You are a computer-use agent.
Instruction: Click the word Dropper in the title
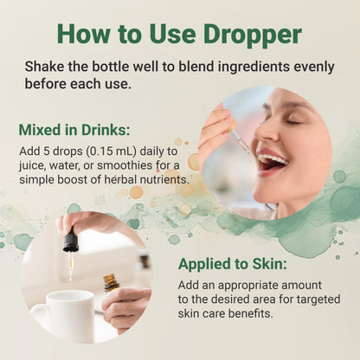pos(252,35)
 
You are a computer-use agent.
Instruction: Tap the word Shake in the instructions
pos(44,67)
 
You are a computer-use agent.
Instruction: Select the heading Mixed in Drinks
pos(74,130)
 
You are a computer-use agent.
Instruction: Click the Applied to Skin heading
pos(233,264)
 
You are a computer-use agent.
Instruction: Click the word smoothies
pos(125,165)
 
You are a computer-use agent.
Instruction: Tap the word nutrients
pos(164,180)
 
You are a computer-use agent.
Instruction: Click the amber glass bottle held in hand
pos(112,283)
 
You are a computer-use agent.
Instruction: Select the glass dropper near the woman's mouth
pos(241,141)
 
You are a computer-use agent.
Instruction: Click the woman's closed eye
pos(293,121)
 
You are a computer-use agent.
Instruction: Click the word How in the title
pos(84,35)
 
